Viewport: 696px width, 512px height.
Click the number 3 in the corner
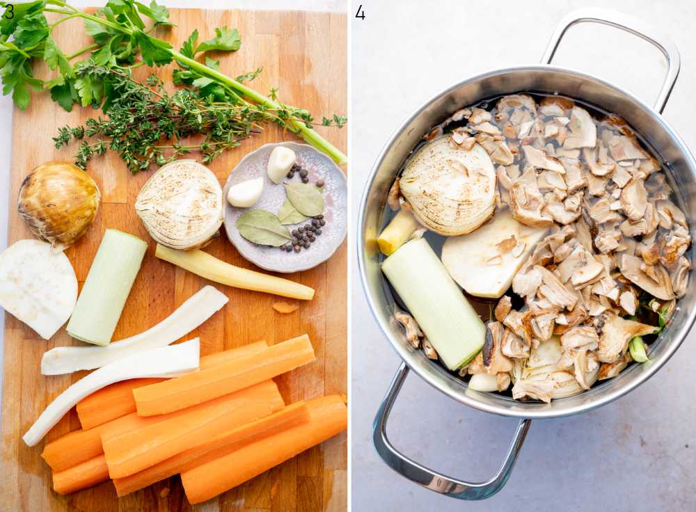[x=8, y=12]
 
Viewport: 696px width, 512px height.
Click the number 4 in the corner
[x=360, y=12]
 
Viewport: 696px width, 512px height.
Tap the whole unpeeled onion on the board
[x=58, y=202]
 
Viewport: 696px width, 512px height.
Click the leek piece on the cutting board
[x=106, y=287]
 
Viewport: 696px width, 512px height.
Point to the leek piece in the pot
[x=434, y=302]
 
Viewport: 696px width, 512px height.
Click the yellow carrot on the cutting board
[x=233, y=272]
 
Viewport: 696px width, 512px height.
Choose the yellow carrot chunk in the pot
[x=396, y=232]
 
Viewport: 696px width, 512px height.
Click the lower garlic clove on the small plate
[x=246, y=193]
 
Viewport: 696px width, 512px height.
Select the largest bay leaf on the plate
[x=262, y=228]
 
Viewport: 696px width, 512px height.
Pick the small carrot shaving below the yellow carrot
[x=285, y=307]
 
